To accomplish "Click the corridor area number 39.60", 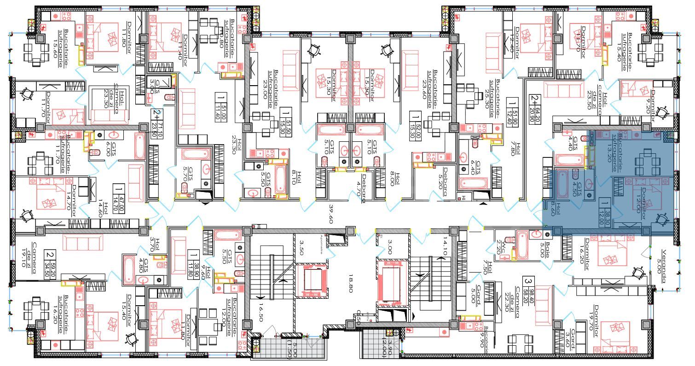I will pyautogui.click(x=330, y=215).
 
